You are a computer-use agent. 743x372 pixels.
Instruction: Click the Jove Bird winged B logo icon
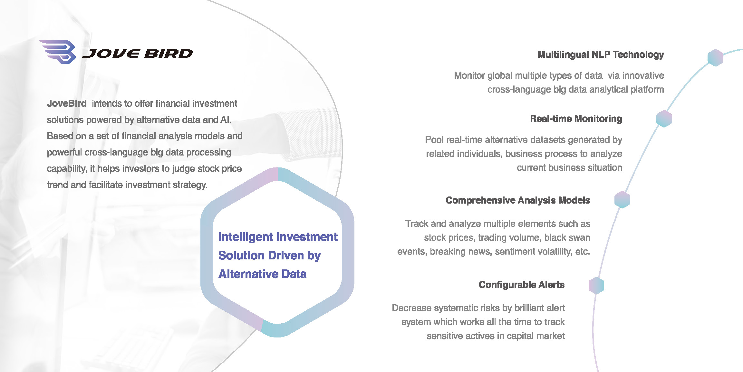[58, 52]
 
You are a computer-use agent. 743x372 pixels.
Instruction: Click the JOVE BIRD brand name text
[138, 54]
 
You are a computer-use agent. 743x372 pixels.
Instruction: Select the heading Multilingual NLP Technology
[601, 55]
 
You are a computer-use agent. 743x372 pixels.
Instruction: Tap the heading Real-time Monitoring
[576, 119]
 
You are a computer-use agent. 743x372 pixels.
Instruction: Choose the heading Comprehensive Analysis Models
[518, 200]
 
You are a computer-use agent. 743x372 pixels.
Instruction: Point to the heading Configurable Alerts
[522, 285]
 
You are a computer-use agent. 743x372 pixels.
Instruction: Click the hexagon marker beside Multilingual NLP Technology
[715, 58]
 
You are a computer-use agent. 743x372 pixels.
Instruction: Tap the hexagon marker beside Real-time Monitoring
[664, 119]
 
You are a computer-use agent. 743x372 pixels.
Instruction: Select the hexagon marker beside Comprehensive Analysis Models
[622, 200]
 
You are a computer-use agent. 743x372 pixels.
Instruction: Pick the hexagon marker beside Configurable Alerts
[596, 286]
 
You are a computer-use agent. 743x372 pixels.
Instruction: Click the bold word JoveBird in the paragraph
[67, 104]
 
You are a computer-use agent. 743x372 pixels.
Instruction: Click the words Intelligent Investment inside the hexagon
[278, 237]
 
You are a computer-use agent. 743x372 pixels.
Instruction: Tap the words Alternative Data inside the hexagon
[262, 274]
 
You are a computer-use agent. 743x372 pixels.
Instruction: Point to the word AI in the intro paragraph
[226, 120]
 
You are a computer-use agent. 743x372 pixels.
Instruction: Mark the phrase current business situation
[569, 168]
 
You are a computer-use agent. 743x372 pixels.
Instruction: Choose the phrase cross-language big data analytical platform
[575, 89]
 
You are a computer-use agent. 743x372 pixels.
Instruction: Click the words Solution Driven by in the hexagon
[269, 256]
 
